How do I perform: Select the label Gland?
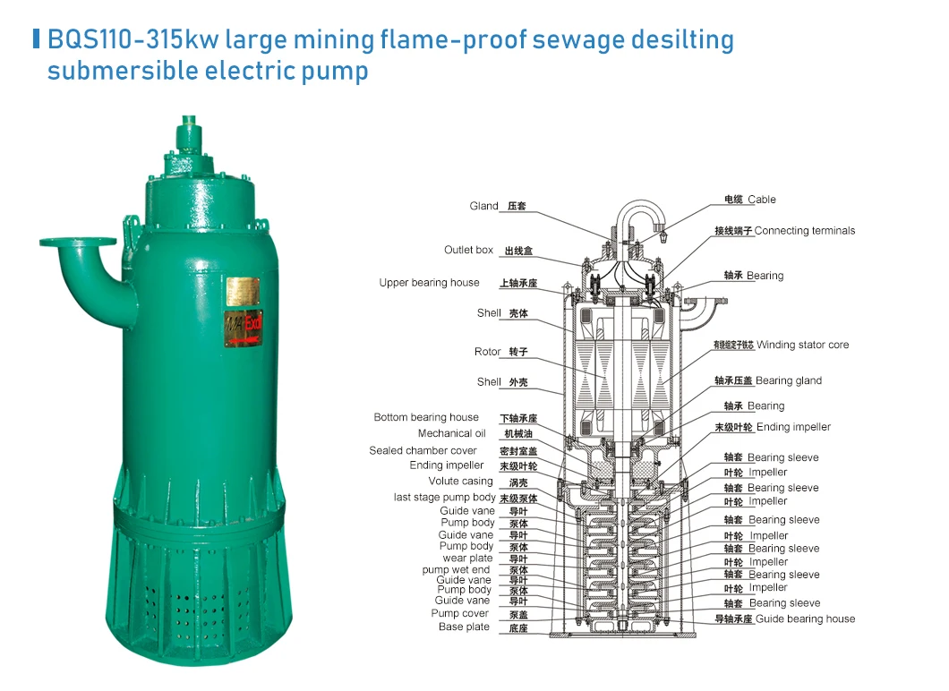click(483, 206)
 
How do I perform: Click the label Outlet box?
click(468, 250)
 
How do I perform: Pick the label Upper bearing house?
click(429, 283)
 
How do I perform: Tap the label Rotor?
click(487, 352)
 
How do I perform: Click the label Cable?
click(762, 200)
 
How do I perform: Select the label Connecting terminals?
click(805, 231)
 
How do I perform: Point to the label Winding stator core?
click(802, 345)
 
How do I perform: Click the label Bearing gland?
click(788, 380)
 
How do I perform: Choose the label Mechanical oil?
click(445, 433)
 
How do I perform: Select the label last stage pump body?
click(444, 497)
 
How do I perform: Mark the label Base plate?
click(464, 627)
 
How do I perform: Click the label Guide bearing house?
click(805, 618)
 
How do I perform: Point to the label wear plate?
click(467, 559)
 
